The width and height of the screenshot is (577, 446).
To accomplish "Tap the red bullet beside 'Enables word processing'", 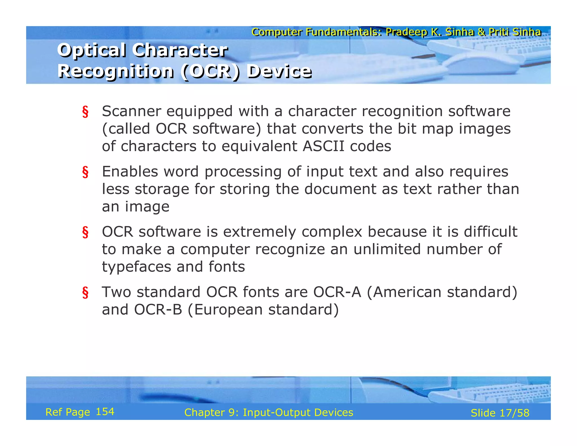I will coord(85,172).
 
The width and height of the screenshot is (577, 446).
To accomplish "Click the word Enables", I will coord(130,171).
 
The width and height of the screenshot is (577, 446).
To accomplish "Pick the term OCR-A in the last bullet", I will coord(337,292).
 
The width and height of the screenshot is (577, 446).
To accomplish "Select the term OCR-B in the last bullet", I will coord(158,310).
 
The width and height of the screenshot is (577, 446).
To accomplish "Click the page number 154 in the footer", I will coord(105,412).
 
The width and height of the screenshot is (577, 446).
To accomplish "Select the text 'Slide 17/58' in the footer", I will coord(500,413).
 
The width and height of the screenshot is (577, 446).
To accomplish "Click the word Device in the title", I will coord(279,71).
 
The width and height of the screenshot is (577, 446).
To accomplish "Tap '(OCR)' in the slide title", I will coord(210,72).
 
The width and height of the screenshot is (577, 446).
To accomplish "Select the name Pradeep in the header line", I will coord(406,32).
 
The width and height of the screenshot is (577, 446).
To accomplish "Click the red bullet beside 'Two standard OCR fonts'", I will coord(85,293).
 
